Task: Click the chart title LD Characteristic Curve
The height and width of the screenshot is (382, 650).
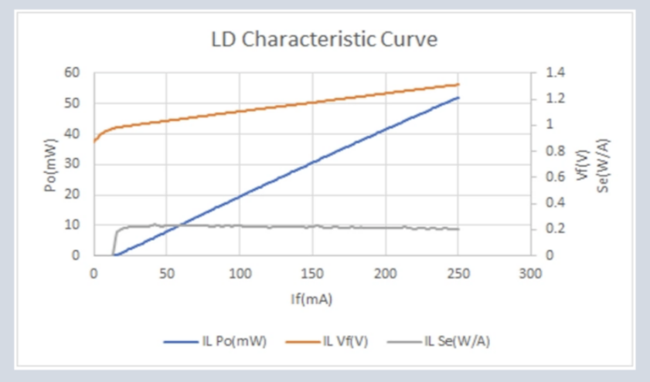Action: coord(324,39)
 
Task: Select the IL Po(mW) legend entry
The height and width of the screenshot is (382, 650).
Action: coord(215,341)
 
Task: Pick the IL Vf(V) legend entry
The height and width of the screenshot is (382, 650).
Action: coord(327,341)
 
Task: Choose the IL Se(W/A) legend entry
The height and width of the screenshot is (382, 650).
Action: coord(438,341)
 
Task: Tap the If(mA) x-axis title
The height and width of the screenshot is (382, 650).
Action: coord(311,299)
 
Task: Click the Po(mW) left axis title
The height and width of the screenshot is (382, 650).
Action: coord(50,165)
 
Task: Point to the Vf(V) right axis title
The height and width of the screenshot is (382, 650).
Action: coord(583,165)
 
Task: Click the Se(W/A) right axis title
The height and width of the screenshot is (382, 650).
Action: coord(603,166)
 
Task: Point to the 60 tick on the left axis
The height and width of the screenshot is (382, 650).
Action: coord(71,73)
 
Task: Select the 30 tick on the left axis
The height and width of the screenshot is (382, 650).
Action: coord(71,164)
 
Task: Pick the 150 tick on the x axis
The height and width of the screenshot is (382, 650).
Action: coord(312,273)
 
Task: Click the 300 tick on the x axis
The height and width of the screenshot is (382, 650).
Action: coord(531,273)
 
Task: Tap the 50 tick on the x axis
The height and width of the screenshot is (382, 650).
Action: coord(167,273)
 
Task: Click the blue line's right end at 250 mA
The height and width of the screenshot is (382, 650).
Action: coord(458,98)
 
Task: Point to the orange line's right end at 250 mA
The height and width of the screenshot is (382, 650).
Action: coord(458,84)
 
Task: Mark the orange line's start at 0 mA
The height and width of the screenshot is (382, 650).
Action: coord(94,141)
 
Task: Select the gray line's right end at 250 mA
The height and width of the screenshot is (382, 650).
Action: coord(458,229)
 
